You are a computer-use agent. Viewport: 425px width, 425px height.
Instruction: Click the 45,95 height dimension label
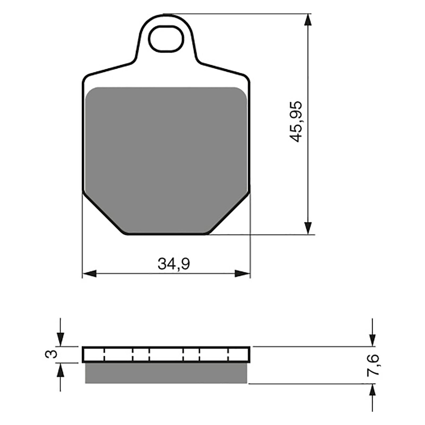296,121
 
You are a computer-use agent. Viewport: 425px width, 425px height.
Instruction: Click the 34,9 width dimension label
174,264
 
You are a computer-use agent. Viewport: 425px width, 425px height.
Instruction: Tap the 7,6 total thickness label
372,364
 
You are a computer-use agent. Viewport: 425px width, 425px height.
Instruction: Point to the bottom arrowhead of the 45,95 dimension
308,228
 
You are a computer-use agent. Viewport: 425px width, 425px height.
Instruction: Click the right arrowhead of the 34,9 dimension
243,273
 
